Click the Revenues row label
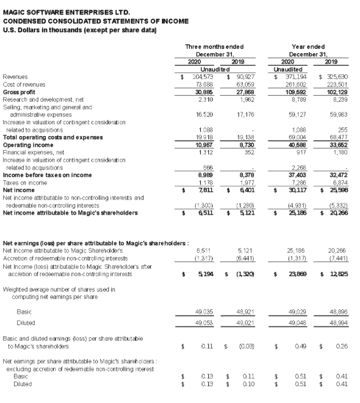[x=15, y=77]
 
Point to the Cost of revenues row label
[x=24, y=84]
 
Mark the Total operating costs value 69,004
[x=291, y=138]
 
